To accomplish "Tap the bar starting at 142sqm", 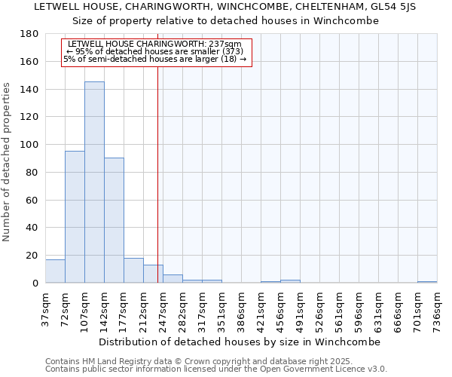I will pos(114,220).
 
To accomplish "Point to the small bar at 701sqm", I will pos(427,282).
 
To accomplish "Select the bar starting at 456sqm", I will pos(290,281).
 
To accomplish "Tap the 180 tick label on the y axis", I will pos(29,34).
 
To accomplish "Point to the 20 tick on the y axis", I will pos(32,256).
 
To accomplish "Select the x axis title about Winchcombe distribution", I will pos(241,342).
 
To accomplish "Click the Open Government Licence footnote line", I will pos(216,369).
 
